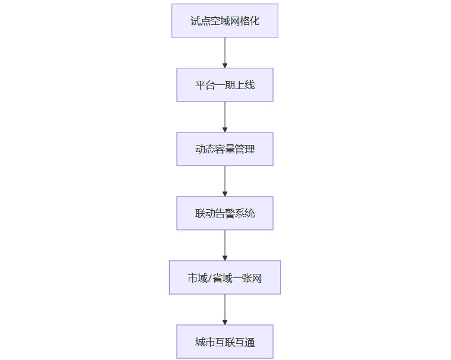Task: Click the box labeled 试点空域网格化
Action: click(225, 21)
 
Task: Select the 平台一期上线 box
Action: click(225, 85)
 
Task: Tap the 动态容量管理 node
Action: click(225, 149)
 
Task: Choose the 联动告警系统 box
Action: click(225, 213)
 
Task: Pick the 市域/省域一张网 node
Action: click(225, 277)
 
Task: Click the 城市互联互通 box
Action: click(225, 342)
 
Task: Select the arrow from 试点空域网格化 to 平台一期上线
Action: click(225, 53)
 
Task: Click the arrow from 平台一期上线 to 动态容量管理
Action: click(225, 117)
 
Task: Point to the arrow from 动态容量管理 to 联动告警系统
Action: click(225, 181)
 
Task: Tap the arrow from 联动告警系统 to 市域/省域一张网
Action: click(225, 245)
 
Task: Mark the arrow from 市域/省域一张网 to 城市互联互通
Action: click(225, 310)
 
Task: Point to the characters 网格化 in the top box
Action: click(245, 21)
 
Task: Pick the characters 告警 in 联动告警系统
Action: click(225, 213)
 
